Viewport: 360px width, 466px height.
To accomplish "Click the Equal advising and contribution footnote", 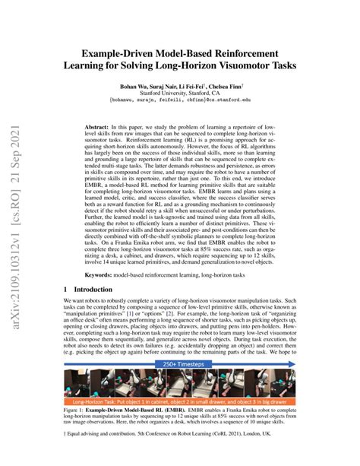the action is coord(152,457).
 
